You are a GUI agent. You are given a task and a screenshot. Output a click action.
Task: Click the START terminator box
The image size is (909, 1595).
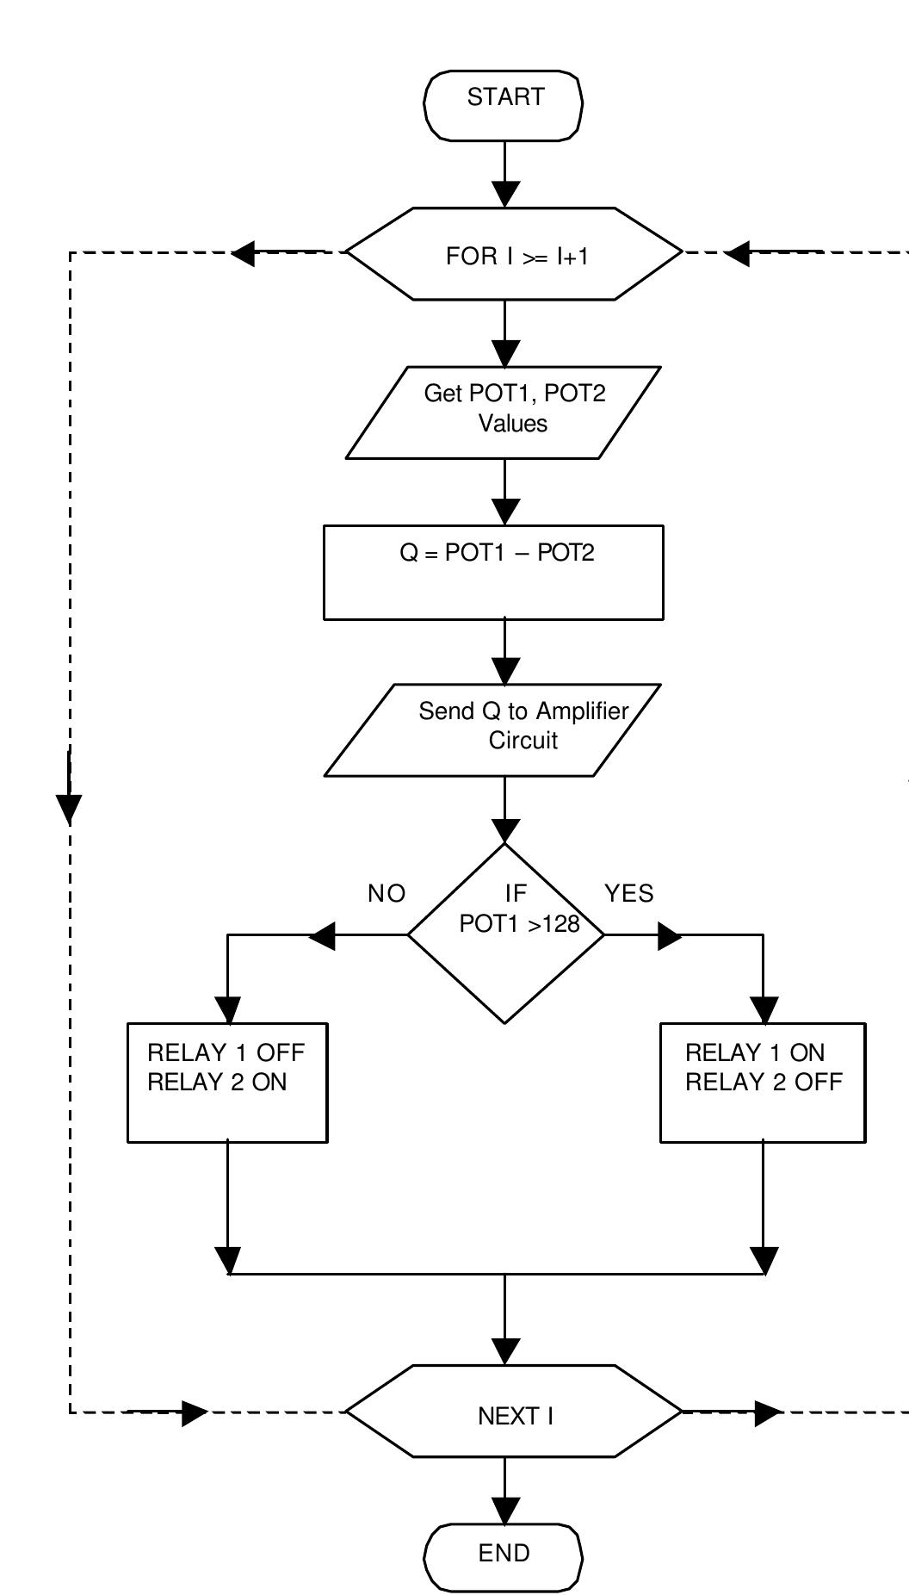[x=504, y=105]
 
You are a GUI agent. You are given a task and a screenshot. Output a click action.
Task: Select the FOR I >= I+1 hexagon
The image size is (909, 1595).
[x=514, y=254]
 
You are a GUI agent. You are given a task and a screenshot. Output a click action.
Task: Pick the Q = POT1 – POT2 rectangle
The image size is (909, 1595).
[x=493, y=571]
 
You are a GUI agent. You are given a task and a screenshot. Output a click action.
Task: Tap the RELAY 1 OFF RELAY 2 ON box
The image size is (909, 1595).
[x=227, y=1083]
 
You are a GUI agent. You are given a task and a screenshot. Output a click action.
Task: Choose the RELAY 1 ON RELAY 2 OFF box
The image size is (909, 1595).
[x=763, y=1083]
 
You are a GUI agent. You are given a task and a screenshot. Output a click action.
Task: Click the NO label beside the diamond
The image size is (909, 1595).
[x=386, y=894]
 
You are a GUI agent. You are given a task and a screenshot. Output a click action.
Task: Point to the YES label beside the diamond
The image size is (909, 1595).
[x=629, y=894]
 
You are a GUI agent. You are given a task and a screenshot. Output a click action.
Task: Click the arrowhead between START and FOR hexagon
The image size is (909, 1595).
[x=505, y=194]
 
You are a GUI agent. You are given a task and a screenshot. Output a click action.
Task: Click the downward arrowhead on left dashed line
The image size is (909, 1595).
[x=69, y=809]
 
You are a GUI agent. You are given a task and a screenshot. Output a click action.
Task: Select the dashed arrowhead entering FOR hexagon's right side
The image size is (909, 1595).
[x=737, y=253]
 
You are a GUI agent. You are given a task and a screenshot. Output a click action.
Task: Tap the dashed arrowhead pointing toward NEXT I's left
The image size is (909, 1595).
[x=194, y=1412]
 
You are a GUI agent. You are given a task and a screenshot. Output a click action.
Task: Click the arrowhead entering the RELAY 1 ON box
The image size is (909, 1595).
[x=764, y=1009]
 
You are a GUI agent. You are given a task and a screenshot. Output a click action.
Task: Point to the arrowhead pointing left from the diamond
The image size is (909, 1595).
[x=322, y=935]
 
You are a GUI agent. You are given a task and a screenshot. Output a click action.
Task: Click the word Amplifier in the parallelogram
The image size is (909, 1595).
[x=582, y=711]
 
